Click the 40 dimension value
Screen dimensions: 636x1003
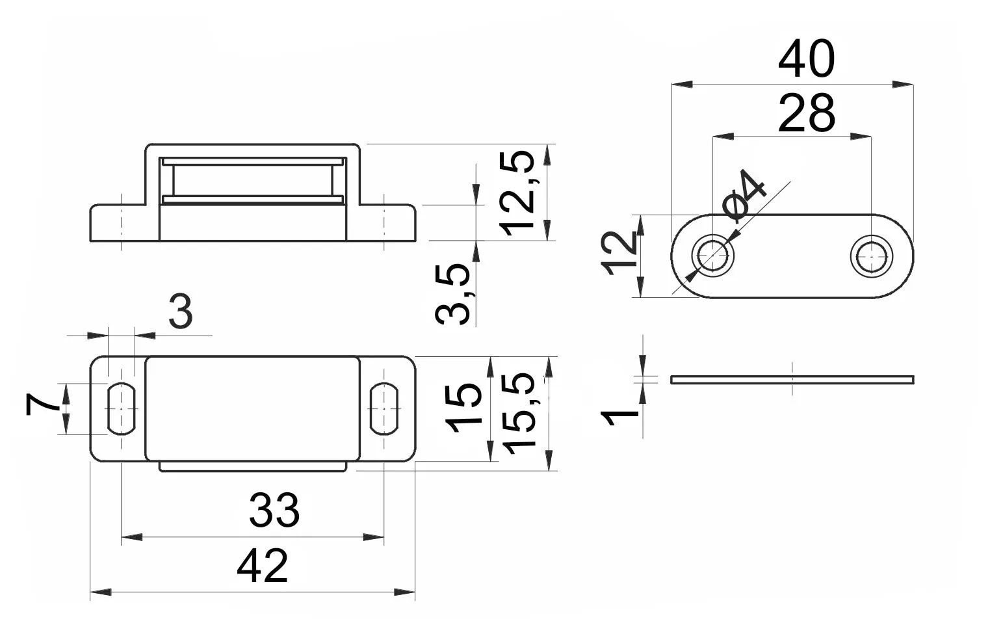(x=805, y=60)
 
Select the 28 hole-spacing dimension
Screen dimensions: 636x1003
(x=805, y=113)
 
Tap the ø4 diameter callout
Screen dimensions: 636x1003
(x=746, y=194)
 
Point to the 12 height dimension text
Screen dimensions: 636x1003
(x=620, y=254)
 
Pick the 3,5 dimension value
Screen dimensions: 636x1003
(x=453, y=294)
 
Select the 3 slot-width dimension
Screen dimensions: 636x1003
(x=180, y=312)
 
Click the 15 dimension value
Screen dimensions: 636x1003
(x=464, y=408)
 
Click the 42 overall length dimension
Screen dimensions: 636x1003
(x=262, y=566)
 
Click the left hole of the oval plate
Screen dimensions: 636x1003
(x=713, y=256)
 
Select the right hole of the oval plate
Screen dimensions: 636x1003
(x=870, y=257)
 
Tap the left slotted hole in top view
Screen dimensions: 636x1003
(x=122, y=408)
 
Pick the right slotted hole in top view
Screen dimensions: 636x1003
(x=384, y=408)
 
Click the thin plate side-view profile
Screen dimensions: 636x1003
(x=792, y=380)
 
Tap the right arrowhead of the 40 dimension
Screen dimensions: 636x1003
(x=904, y=85)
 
